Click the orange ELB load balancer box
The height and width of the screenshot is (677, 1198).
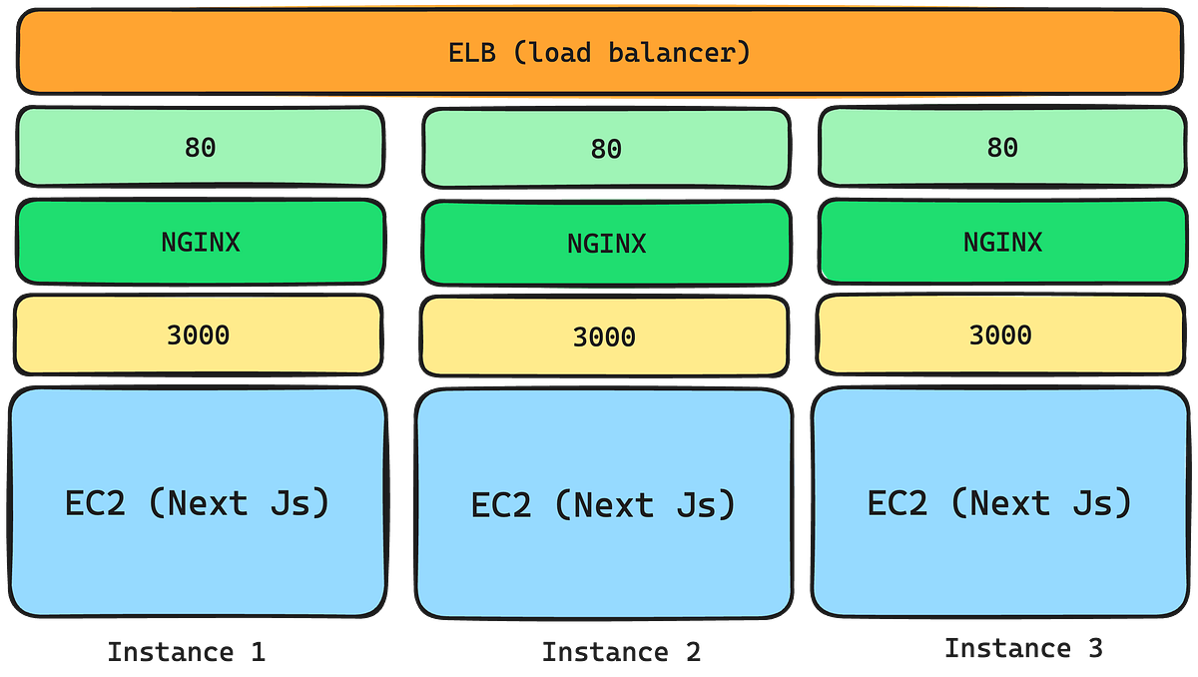click(599, 52)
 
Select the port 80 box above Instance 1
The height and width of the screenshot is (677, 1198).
click(200, 147)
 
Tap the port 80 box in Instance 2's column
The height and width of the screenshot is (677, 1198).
click(606, 149)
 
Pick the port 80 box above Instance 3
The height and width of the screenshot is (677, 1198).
click(1001, 147)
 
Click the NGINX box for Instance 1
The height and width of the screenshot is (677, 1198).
click(200, 242)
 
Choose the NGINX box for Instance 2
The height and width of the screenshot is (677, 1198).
click(606, 244)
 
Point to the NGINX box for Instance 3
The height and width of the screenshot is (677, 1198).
click(1001, 242)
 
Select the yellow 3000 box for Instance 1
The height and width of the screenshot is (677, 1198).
click(198, 335)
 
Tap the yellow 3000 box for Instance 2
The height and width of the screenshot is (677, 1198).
click(604, 338)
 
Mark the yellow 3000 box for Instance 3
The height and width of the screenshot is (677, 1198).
click(1000, 335)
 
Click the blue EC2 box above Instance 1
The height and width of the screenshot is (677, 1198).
click(198, 502)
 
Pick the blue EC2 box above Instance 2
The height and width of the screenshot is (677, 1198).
click(604, 504)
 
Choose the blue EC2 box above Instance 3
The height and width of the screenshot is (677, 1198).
click(1000, 502)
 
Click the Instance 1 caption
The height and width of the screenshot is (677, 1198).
click(186, 653)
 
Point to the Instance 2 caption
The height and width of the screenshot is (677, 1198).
click(621, 653)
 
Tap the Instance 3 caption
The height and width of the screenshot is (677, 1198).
click(1023, 649)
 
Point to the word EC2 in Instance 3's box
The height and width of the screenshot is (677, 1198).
click(897, 502)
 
